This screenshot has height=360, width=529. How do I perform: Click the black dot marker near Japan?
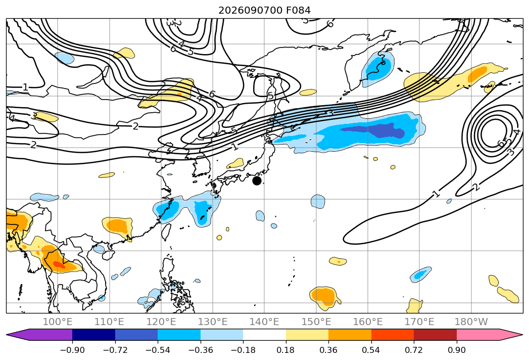tap(257, 181)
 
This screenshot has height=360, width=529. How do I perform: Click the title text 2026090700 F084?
tap(265, 11)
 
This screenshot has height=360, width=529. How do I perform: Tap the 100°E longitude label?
tap(58, 322)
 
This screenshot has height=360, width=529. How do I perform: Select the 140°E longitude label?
tap(264, 322)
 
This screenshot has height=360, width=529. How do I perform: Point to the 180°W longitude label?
tap(471, 322)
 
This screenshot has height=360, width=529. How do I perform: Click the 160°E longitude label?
tap(368, 322)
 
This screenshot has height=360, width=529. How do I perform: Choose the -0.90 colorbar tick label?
tap(72, 350)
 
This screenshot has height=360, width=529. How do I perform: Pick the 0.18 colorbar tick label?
tap(286, 350)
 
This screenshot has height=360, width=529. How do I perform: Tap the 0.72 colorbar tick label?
tap(414, 350)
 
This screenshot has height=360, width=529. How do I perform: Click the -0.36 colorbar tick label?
tap(201, 350)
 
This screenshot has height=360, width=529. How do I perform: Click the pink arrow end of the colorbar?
tap(511, 335)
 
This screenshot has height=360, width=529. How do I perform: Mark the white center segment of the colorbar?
tap(265, 335)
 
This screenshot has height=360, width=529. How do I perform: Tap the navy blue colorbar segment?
tap(93, 335)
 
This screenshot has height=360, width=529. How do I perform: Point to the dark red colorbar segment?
tap(435, 335)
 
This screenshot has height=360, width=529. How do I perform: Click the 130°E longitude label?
tap(213, 322)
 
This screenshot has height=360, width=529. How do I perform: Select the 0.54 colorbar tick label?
tap(371, 350)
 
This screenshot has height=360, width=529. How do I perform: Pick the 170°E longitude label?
tap(419, 322)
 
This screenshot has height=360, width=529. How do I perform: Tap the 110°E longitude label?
tap(109, 322)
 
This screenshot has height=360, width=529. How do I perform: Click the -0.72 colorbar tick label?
tap(115, 350)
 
